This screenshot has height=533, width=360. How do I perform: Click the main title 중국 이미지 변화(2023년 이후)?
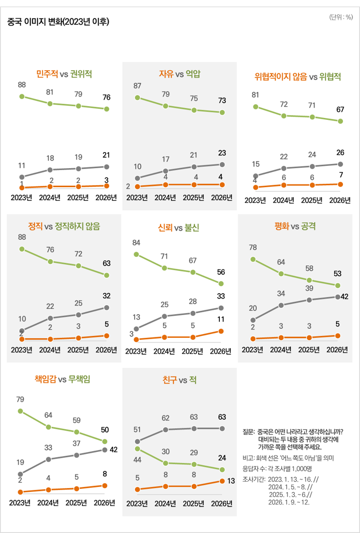(x=58, y=22)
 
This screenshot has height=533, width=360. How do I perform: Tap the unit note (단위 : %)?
(x=341, y=17)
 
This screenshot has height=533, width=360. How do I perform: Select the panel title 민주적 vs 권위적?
(x=64, y=74)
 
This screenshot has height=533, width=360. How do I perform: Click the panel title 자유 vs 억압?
(x=180, y=74)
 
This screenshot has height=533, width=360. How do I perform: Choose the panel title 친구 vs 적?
(x=179, y=380)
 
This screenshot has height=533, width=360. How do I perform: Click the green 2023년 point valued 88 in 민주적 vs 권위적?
(x=22, y=97)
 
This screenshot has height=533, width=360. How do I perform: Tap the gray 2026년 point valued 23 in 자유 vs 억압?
(x=222, y=164)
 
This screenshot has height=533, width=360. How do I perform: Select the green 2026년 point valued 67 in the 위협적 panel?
(x=340, y=121)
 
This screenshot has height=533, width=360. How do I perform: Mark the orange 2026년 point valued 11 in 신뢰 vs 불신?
(x=221, y=331)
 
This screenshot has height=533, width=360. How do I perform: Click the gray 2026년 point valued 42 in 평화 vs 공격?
(x=338, y=297)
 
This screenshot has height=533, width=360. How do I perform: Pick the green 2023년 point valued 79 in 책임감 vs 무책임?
(x=20, y=411)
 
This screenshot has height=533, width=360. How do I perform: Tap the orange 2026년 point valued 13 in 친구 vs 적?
(x=221, y=481)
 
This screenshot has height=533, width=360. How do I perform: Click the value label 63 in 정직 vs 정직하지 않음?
(x=107, y=263)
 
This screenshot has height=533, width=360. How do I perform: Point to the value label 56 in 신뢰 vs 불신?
(x=221, y=272)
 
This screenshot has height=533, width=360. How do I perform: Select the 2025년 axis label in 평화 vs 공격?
(x=309, y=350)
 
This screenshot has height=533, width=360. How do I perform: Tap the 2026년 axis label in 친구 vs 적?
(x=221, y=503)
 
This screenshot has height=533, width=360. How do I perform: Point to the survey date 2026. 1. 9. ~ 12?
(x=288, y=502)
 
